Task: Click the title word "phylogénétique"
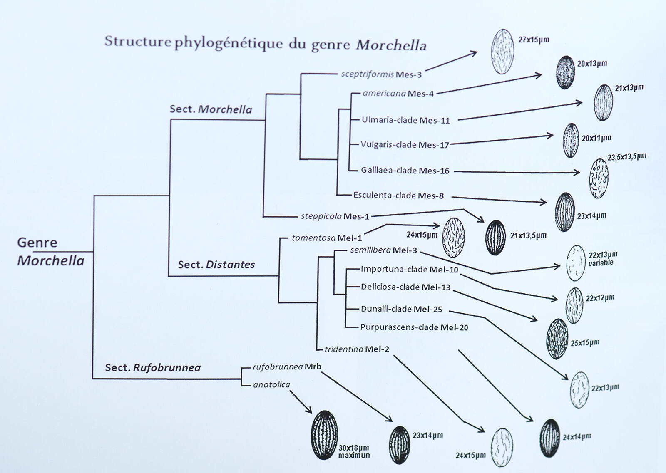230,44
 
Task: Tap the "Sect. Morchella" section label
211,109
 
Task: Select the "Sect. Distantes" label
216,265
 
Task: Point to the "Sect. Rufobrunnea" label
153,368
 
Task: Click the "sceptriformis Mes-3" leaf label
381,74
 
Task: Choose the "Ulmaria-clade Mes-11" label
405,120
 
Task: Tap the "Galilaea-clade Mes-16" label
405,171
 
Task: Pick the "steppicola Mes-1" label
335,216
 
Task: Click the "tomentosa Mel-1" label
326,238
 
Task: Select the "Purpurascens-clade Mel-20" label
414,327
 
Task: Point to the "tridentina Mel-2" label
357,349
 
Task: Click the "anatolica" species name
271,385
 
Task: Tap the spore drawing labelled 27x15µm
502,52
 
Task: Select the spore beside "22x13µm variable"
576,263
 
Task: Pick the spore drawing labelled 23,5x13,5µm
599,178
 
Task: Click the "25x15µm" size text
585,343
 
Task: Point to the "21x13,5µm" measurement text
528,236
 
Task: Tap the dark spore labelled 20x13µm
566,72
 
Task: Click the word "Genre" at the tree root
37,243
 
